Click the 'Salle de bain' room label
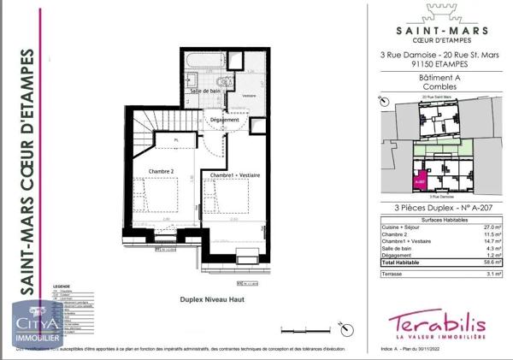tap(206, 91)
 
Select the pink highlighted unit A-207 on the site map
tap(419, 180)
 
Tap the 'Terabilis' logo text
tap(437, 322)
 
